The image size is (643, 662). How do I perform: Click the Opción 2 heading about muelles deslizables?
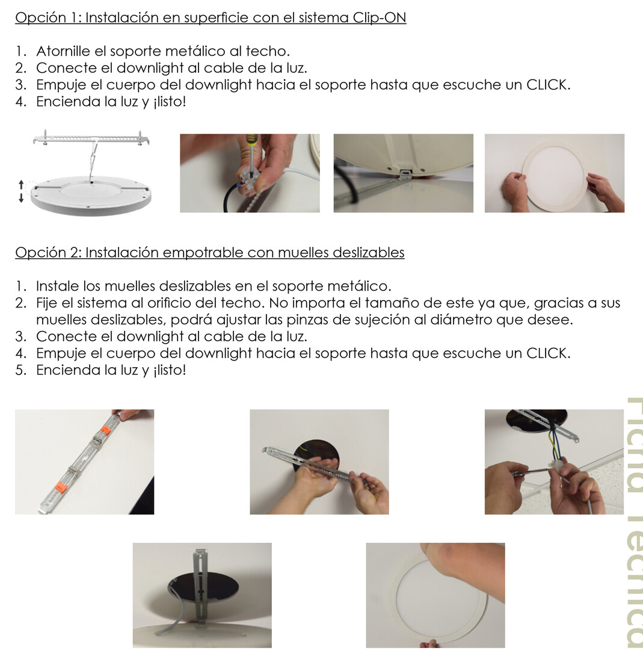click(209, 252)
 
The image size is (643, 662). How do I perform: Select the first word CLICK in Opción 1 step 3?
click(547, 85)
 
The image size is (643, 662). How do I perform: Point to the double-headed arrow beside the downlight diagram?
click(21, 191)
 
